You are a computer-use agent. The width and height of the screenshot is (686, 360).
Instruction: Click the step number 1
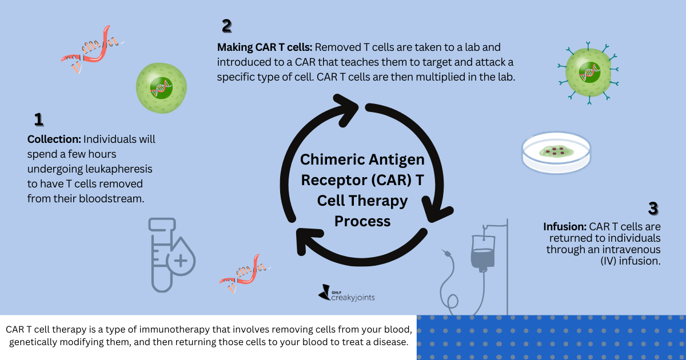[x=39, y=119]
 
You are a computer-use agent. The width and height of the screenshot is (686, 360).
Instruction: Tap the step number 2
[x=227, y=26]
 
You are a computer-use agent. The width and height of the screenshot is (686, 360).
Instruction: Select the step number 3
[x=653, y=209]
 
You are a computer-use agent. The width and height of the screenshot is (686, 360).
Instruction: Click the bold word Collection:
[x=54, y=139]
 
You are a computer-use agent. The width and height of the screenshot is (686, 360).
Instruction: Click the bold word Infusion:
[x=565, y=226]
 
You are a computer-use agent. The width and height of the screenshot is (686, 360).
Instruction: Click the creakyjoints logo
[x=346, y=293]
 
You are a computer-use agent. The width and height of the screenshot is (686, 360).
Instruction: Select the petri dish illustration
[x=556, y=153]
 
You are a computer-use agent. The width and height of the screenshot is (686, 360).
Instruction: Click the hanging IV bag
[x=483, y=253]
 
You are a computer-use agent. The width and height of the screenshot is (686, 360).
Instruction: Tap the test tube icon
[x=162, y=255]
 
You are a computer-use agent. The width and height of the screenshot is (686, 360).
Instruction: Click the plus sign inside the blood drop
[x=181, y=261]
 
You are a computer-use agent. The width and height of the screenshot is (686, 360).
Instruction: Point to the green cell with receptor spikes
[x=588, y=73]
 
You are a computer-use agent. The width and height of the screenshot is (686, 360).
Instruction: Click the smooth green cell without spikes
[x=161, y=88]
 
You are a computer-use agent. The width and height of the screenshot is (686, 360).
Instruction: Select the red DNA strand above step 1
[x=92, y=49]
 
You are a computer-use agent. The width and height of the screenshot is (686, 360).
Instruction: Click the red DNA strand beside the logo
[x=245, y=273]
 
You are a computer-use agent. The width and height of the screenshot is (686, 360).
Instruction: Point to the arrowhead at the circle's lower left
[x=308, y=241]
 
